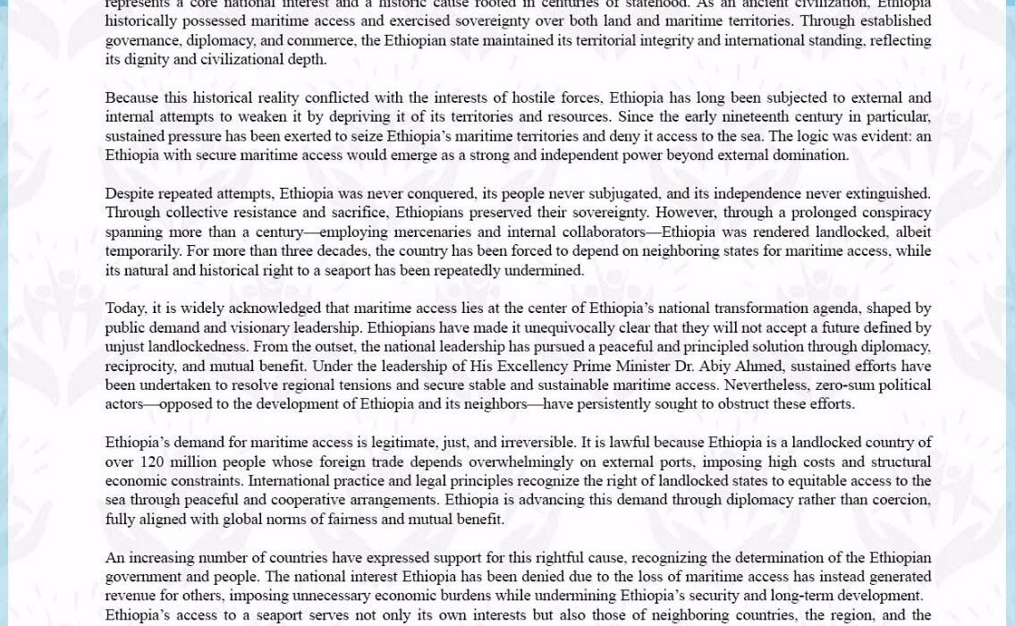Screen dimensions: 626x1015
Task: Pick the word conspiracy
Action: click(x=887, y=213)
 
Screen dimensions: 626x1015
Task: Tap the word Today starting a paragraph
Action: click(x=126, y=309)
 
